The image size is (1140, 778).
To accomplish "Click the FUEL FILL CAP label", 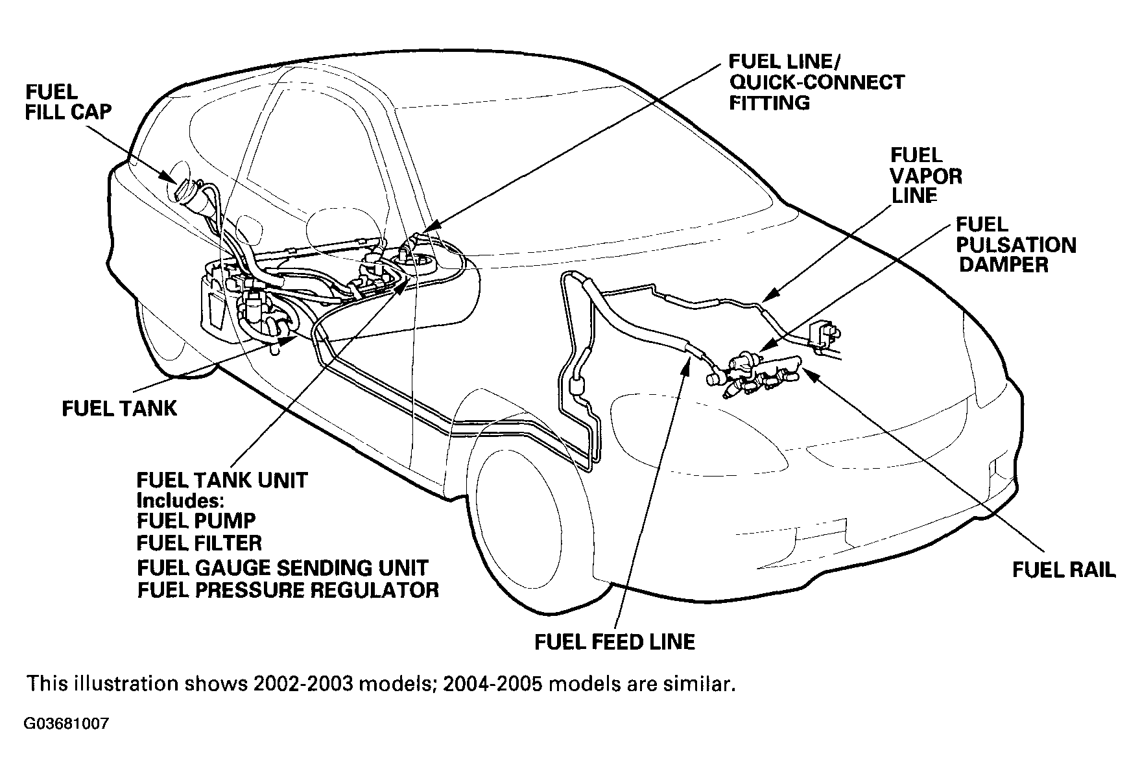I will point(67,101).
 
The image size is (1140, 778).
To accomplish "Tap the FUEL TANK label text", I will point(119,408).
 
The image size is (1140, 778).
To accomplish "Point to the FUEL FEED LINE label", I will point(614,641).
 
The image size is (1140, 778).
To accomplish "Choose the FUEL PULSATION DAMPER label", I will point(1015,245).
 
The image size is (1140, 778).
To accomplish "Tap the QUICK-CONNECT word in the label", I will point(816,82).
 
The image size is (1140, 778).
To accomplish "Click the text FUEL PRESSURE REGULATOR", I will point(288,590).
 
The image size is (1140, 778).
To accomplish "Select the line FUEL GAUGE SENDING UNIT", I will point(282,567).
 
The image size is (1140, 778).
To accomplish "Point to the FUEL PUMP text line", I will point(196,521).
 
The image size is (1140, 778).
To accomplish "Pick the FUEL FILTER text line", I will point(199,543).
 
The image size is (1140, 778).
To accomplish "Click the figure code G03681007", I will point(67,724).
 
